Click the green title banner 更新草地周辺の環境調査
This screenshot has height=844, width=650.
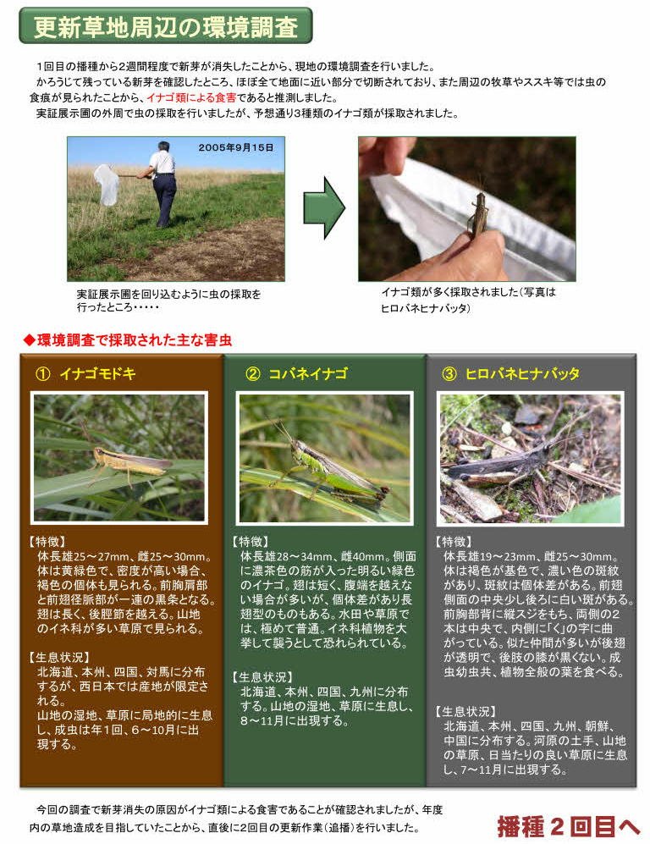pyautogui.click(x=165, y=25)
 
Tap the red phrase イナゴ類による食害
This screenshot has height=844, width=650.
pyautogui.click(x=191, y=97)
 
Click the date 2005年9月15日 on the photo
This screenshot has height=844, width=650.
pyautogui.click(x=235, y=147)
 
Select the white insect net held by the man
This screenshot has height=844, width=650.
pyautogui.click(x=107, y=185)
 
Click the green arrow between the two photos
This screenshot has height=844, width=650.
pyautogui.click(x=324, y=208)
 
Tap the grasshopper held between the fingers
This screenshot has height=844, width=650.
pyautogui.click(x=478, y=214)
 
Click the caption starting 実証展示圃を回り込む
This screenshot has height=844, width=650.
pyautogui.click(x=168, y=301)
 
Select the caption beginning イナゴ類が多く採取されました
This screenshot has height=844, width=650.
pyautogui.click(x=468, y=300)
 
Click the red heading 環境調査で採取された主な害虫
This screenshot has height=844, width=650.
pyautogui.click(x=128, y=340)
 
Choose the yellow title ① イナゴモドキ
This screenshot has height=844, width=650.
pyautogui.click(x=85, y=373)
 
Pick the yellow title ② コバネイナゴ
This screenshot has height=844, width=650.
pyautogui.click(x=296, y=373)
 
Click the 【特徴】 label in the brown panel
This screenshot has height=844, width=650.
pyautogui.click(x=47, y=542)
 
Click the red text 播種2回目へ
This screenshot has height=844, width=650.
pyautogui.click(x=568, y=826)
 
